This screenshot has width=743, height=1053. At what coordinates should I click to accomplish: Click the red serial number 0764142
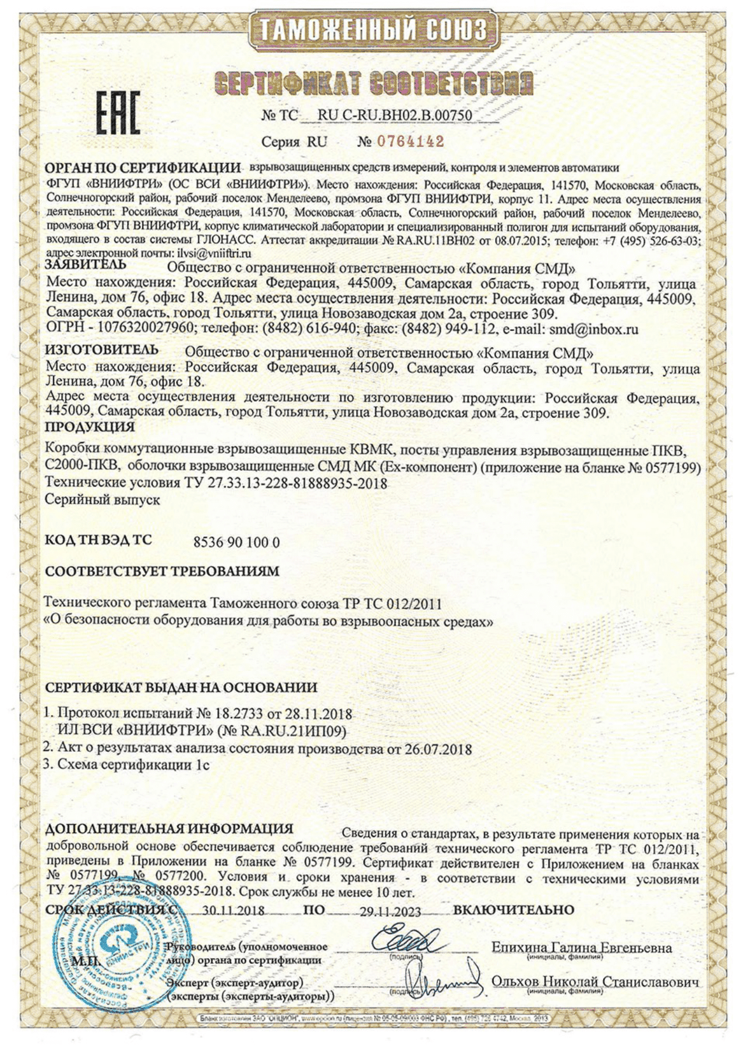[411, 141]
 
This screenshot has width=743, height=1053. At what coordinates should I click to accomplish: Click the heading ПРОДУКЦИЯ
[90, 427]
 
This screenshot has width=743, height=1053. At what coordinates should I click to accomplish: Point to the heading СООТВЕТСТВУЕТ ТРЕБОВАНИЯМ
[162, 571]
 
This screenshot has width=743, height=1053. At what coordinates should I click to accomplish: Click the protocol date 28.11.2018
[318, 714]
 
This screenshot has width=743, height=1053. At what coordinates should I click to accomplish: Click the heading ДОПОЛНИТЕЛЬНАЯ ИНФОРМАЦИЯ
[169, 829]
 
